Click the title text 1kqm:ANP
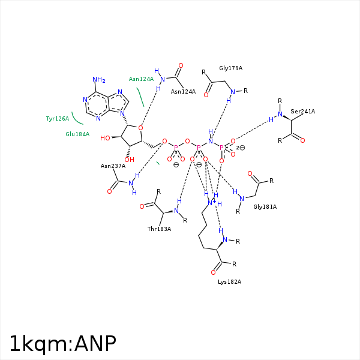point(62,344)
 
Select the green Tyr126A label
point(58,119)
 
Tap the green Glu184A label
point(77,134)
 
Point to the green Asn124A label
point(141,79)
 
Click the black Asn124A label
point(183,92)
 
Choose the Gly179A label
point(230,68)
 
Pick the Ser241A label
point(302,112)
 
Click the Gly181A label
point(265,207)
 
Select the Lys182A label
point(229,282)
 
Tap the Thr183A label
point(159,229)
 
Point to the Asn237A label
point(113,166)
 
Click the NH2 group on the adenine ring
point(99,80)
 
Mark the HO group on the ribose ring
point(105,138)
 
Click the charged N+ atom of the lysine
point(211,203)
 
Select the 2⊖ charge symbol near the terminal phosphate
point(241,148)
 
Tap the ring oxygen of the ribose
point(140,128)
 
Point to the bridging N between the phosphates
point(211,141)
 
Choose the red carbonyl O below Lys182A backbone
point(213,272)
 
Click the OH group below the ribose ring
point(129,160)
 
